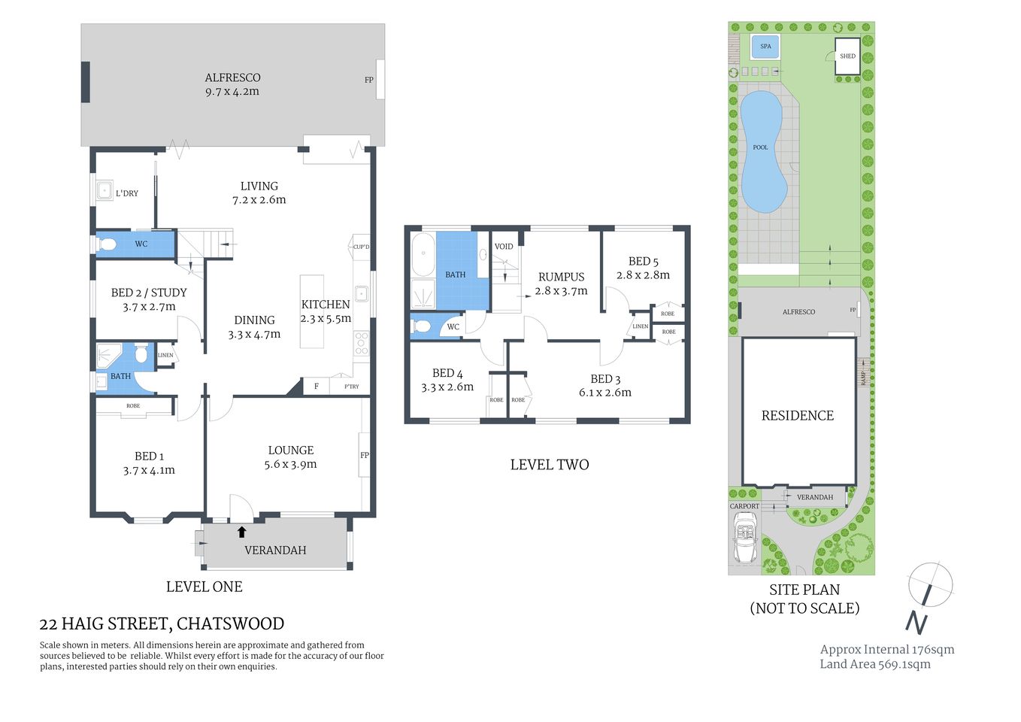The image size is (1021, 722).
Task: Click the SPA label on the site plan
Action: pos(765,47)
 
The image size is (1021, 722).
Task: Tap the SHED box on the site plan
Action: pos(847,56)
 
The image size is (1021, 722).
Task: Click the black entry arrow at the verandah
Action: pos(241,532)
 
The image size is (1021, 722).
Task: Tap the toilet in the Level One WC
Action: pos(106,244)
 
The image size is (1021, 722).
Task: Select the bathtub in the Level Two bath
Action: pos(423,256)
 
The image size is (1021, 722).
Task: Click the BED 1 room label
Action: pos(149,457)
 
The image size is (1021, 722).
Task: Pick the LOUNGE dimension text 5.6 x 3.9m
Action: pos(290,465)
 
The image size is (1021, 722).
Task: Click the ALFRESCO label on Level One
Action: pos(232,77)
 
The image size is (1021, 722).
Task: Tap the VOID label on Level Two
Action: pos(504,247)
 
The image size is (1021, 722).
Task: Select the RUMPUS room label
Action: pos(561,277)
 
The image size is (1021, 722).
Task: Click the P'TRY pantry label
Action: pos(351,387)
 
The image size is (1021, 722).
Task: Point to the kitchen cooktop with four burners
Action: pos(362,342)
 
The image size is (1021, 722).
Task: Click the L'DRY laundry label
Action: pos(127,193)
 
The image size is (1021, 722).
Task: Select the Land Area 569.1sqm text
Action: pos(874,664)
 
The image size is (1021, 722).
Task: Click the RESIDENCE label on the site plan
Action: pos(798,416)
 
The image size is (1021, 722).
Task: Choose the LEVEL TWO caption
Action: pos(549,465)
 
